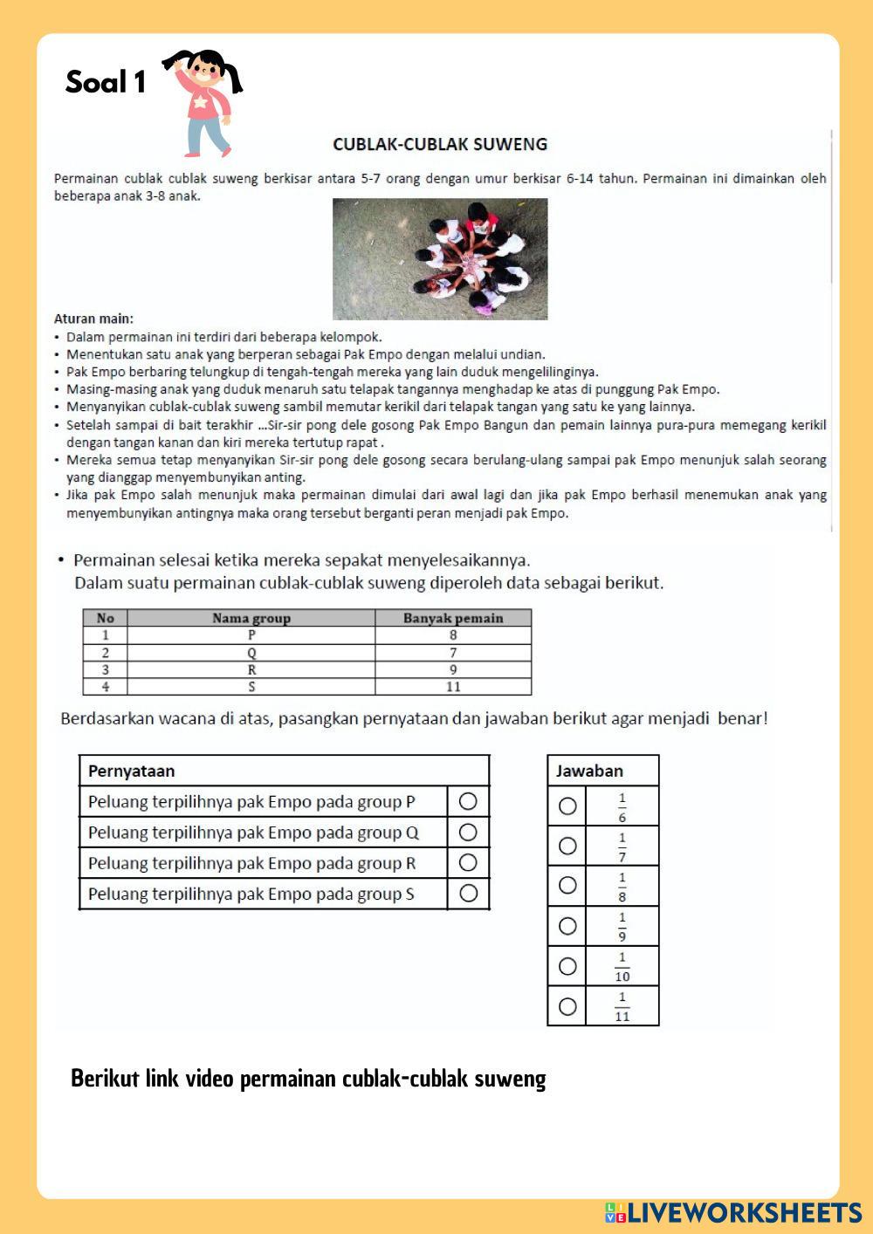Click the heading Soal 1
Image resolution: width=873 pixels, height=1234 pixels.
(106, 82)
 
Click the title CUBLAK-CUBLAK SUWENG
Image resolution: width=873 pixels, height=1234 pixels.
(440, 144)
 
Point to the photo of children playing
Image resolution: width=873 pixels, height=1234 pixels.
(440, 258)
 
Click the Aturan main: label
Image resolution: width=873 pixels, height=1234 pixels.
(93, 319)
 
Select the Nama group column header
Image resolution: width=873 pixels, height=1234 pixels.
(251, 618)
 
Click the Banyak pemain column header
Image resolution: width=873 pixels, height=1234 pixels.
(453, 618)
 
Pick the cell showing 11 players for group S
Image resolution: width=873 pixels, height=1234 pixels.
(453, 687)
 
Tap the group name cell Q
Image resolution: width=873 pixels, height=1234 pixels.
(251, 653)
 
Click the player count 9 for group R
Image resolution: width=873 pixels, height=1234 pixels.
(453, 669)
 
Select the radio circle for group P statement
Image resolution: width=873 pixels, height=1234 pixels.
(468, 801)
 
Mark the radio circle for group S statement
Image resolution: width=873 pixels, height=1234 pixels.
(468, 893)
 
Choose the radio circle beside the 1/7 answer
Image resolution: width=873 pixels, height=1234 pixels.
(567, 846)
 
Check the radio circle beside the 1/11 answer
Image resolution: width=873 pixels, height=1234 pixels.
(567, 1006)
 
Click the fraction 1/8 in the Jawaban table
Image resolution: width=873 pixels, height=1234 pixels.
(622, 886)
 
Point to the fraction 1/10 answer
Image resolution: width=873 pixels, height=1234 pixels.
(622, 966)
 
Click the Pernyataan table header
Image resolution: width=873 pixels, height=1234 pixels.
(132, 771)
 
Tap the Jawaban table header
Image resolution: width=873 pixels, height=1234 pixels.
(589, 771)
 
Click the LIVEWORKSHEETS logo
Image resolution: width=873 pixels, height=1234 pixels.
(733, 1212)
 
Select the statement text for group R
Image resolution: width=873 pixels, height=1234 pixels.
(251, 863)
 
